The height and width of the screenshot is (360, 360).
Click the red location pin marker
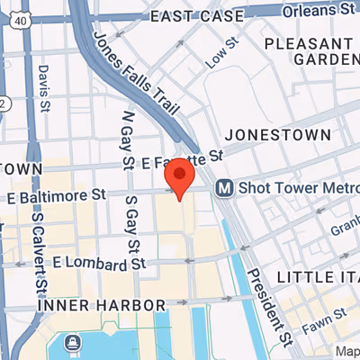[x=183, y=175]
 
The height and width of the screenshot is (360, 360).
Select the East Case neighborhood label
[x=197, y=16]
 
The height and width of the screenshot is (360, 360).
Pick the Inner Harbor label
[x=102, y=306]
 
